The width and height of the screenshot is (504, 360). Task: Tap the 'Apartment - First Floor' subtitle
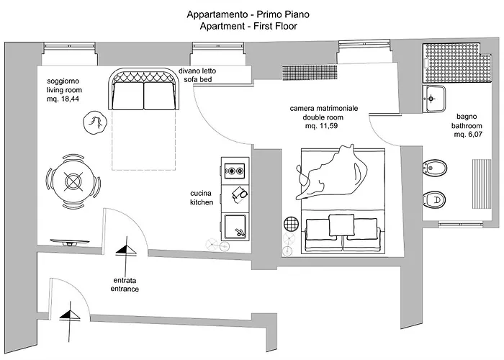250,26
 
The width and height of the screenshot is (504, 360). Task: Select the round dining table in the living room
73,180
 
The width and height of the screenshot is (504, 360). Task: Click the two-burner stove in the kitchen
235,171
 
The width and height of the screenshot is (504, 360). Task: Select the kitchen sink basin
234,225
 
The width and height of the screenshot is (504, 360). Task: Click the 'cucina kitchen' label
202,198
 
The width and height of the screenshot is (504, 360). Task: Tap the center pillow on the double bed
342,225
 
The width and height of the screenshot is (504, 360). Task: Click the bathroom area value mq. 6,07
467,134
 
